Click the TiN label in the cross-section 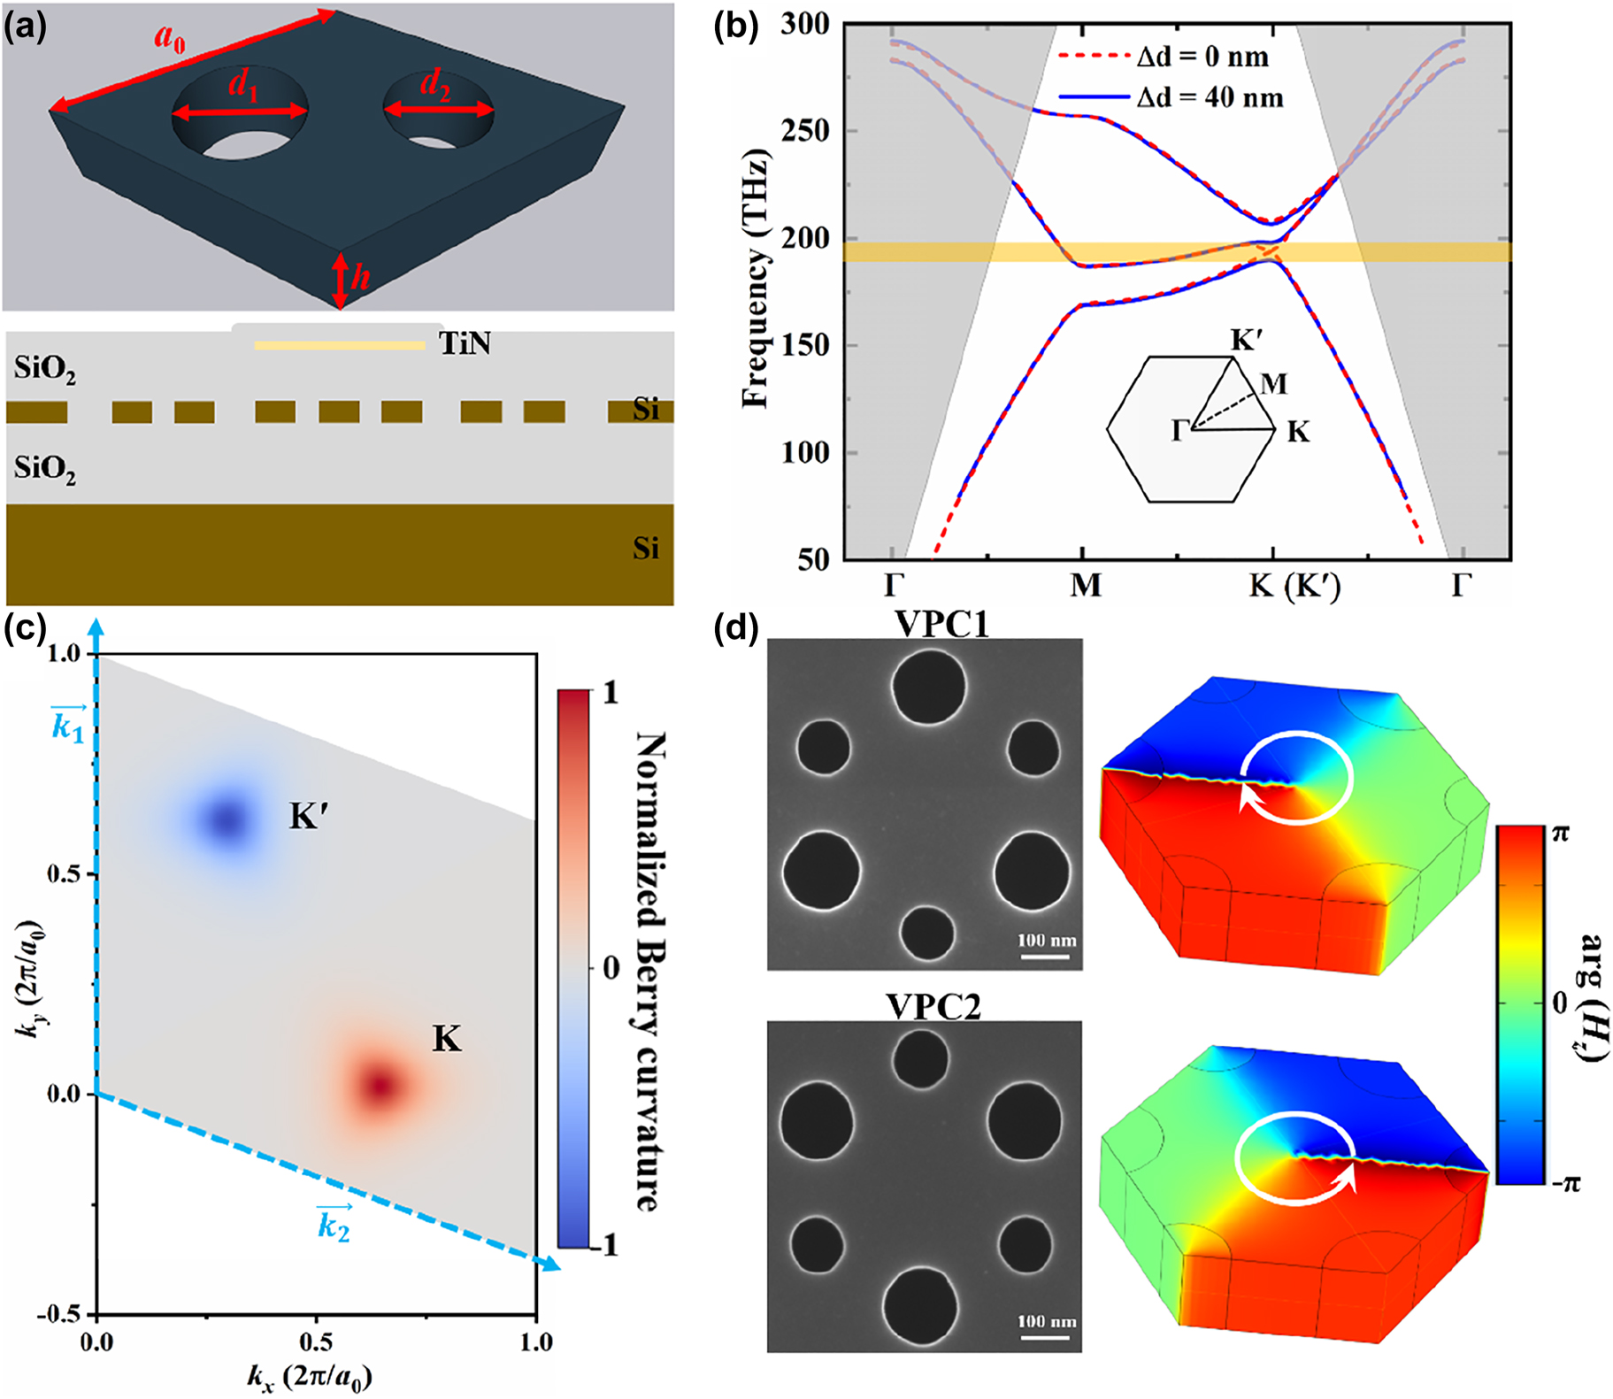(x=465, y=343)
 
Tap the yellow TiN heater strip (x=339, y=345)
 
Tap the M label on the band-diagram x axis (x=1085, y=586)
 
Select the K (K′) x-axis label (x=1294, y=586)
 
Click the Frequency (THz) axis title (x=755, y=279)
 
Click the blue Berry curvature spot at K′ (x=227, y=819)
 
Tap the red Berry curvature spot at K (x=380, y=1085)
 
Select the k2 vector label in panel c (x=334, y=1226)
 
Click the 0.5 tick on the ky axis (x=64, y=874)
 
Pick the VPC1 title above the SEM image (x=941, y=624)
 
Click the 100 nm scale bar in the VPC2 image (x=1047, y=1332)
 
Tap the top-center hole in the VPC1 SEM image (x=928, y=686)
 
